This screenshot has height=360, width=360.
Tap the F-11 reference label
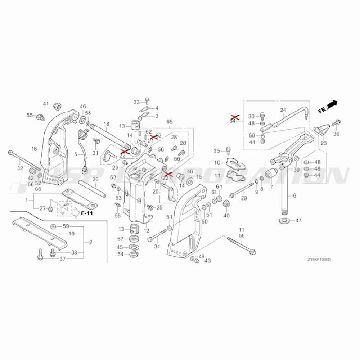coord(87,213)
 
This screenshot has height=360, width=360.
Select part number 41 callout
coord(46,104)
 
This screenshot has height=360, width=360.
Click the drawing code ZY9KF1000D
coord(319,260)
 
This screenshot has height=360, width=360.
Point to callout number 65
coord(170,122)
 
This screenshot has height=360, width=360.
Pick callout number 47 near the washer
coord(298,220)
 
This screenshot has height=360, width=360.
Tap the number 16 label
coord(35,149)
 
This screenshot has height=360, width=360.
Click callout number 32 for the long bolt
coord(20,168)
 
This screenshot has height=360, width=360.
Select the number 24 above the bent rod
coord(283,110)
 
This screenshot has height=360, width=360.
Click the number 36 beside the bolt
coord(336,134)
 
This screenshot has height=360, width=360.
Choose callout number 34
coord(157,247)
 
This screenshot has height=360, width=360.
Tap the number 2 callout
coord(90,242)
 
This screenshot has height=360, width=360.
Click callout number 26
coord(95,179)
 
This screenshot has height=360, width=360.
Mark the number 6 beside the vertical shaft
coord(294,195)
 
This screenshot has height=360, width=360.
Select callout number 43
coord(207,261)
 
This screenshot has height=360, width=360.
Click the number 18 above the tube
coord(106,124)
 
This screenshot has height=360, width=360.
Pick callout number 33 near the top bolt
coord(136,102)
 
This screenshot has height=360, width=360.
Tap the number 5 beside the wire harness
coord(76,154)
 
